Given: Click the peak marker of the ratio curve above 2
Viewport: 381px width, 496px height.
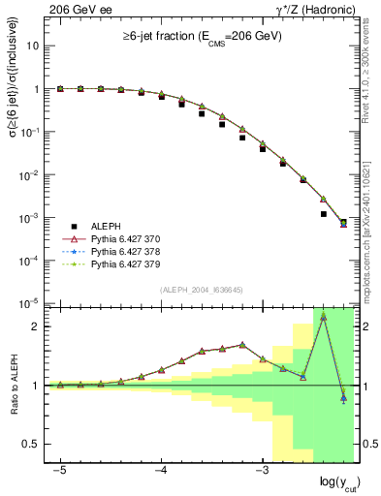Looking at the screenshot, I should click(x=323, y=317).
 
